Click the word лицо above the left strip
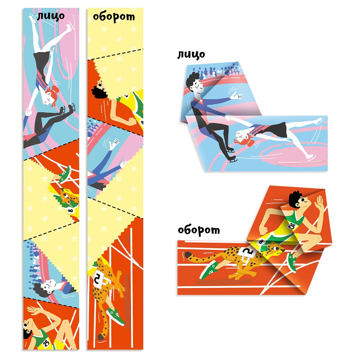tap(51, 16)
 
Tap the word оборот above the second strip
tap(114, 17)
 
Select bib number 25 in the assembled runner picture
tap(292, 226)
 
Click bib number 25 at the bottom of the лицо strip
tap(46, 343)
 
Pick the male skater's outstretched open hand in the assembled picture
tap(237, 96)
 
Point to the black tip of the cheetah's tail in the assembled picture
tap(187, 255)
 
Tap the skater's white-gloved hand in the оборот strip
tap(114, 145)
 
